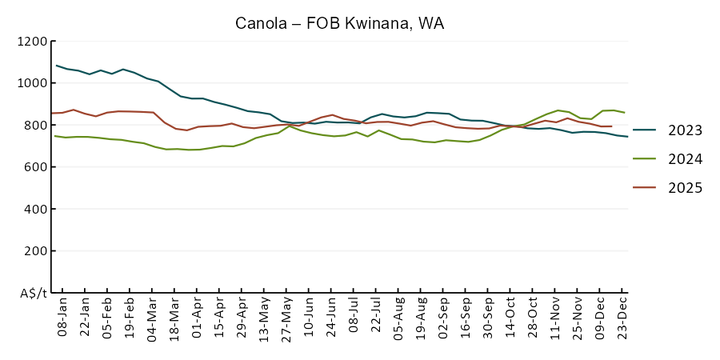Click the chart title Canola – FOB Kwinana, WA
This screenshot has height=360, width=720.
pos(339,23)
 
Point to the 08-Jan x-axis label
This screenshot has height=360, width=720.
pos(62,319)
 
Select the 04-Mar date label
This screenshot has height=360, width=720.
pos(151,319)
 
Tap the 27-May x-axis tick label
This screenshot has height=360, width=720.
pos(286,319)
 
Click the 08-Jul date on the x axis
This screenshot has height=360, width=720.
pos(353,319)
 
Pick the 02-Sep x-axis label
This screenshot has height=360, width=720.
pos(442,319)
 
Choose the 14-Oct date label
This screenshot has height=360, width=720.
pos(510,319)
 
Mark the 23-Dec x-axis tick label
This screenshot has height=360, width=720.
pos(622,319)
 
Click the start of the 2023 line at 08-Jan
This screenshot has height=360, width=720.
pos(56,66)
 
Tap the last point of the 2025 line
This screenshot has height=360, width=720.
pos(612,126)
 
